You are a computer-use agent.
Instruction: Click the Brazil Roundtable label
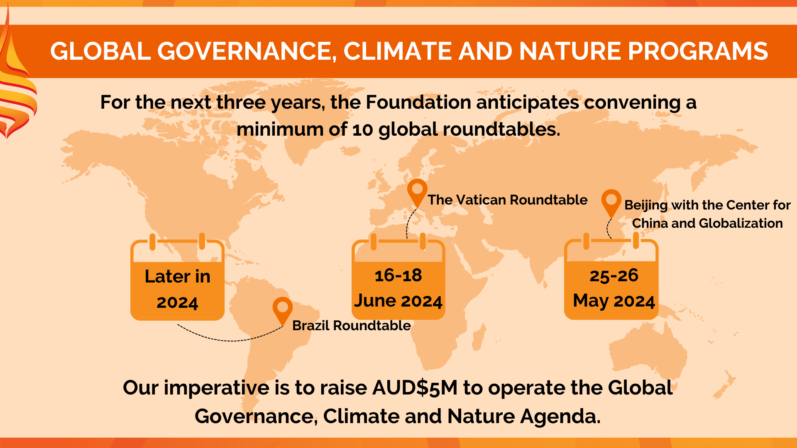352,326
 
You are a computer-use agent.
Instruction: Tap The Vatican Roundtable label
508,200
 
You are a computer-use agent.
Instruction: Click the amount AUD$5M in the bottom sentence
415,388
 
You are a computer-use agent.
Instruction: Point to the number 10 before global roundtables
363,130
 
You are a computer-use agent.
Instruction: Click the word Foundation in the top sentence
418,102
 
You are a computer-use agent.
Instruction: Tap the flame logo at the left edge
17,83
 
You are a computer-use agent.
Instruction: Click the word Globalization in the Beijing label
741,223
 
